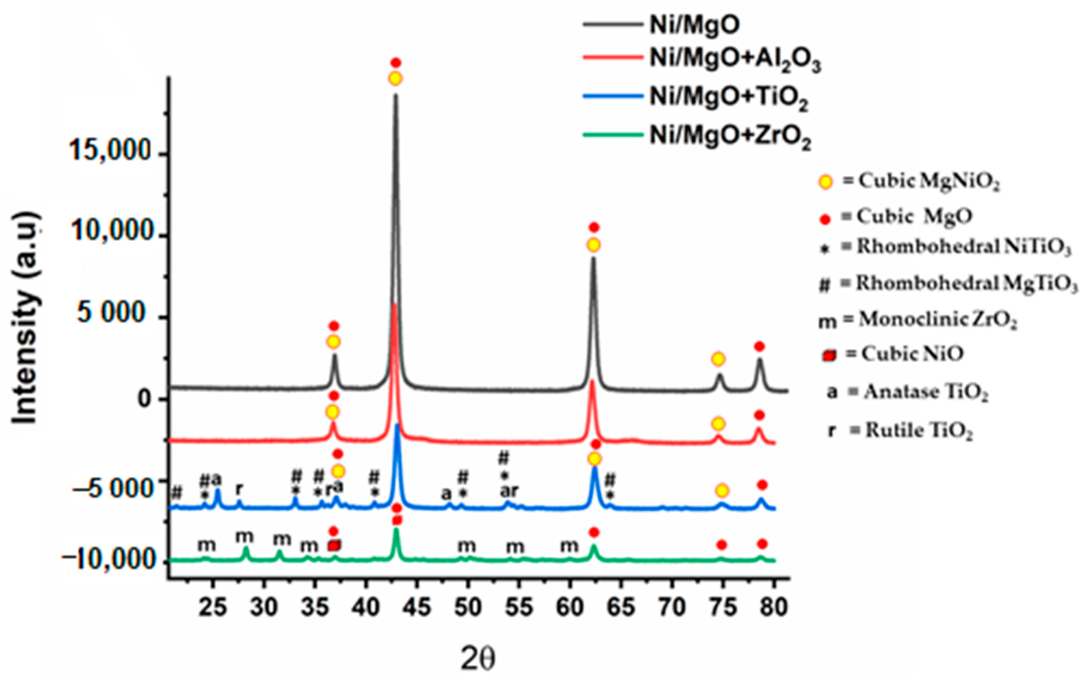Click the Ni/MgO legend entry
pos(694,25)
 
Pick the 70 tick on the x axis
pos(672,607)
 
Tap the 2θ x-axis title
pos(478,659)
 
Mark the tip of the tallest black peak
pos(396,95)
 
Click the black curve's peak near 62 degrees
pos(593,258)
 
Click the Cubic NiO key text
pos(912,354)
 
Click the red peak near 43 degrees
pos(394,304)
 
